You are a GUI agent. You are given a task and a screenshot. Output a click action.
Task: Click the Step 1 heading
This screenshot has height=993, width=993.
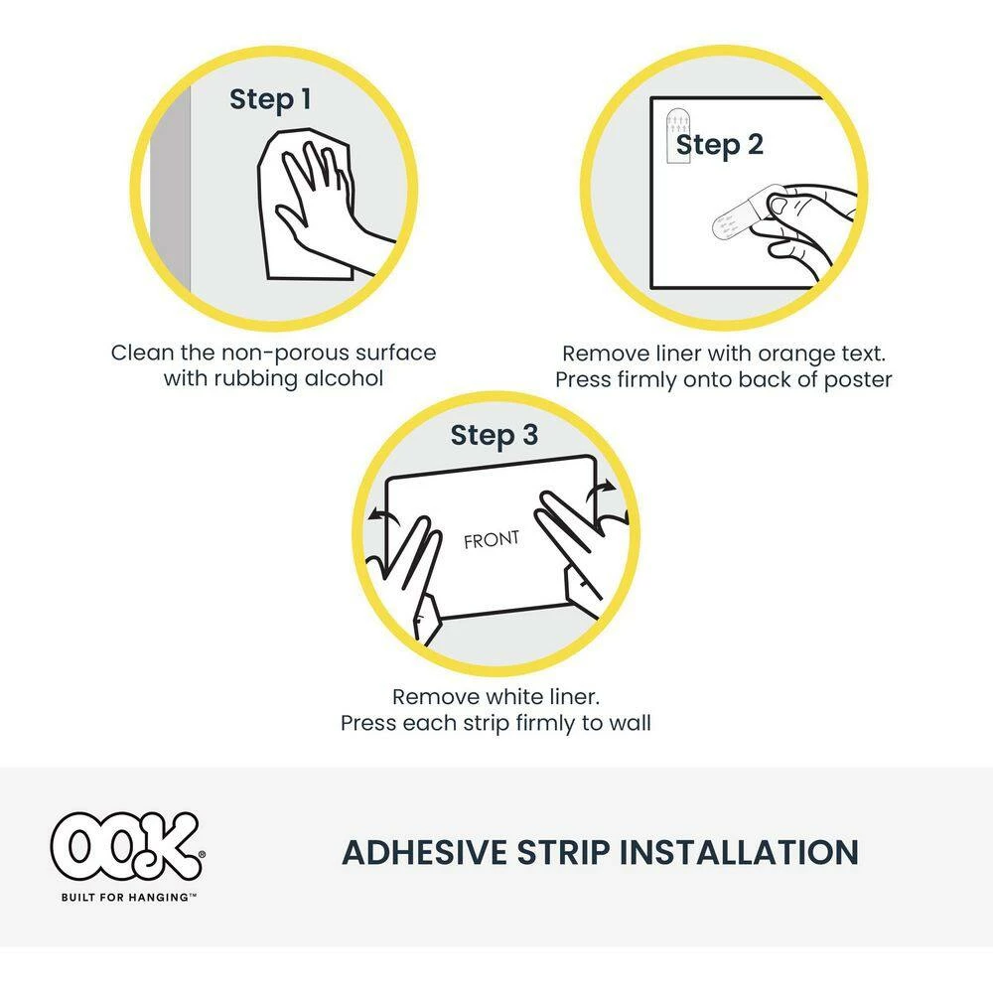[x=270, y=100]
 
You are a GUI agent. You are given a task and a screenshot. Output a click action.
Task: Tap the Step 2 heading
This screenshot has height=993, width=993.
[x=719, y=146]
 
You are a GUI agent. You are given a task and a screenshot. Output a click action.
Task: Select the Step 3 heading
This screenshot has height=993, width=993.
[x=494, y=436]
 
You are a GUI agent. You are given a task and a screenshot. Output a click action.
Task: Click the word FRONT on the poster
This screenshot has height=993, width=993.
[x=492, y=539]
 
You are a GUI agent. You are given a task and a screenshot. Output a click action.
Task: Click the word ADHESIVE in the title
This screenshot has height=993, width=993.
[x=424, y=852]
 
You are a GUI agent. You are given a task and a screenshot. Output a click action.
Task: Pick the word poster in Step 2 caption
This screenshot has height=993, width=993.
[x=858, y=380]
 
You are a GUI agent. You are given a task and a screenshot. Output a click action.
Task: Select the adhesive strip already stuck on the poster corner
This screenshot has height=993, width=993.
[x=678, y=135]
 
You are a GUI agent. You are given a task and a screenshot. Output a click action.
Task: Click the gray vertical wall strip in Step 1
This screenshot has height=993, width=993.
[x=170, y=190]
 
